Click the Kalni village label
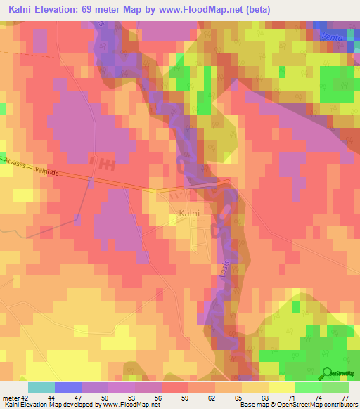point(188,213)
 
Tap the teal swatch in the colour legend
point(41,387)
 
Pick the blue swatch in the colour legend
point(67,387)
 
